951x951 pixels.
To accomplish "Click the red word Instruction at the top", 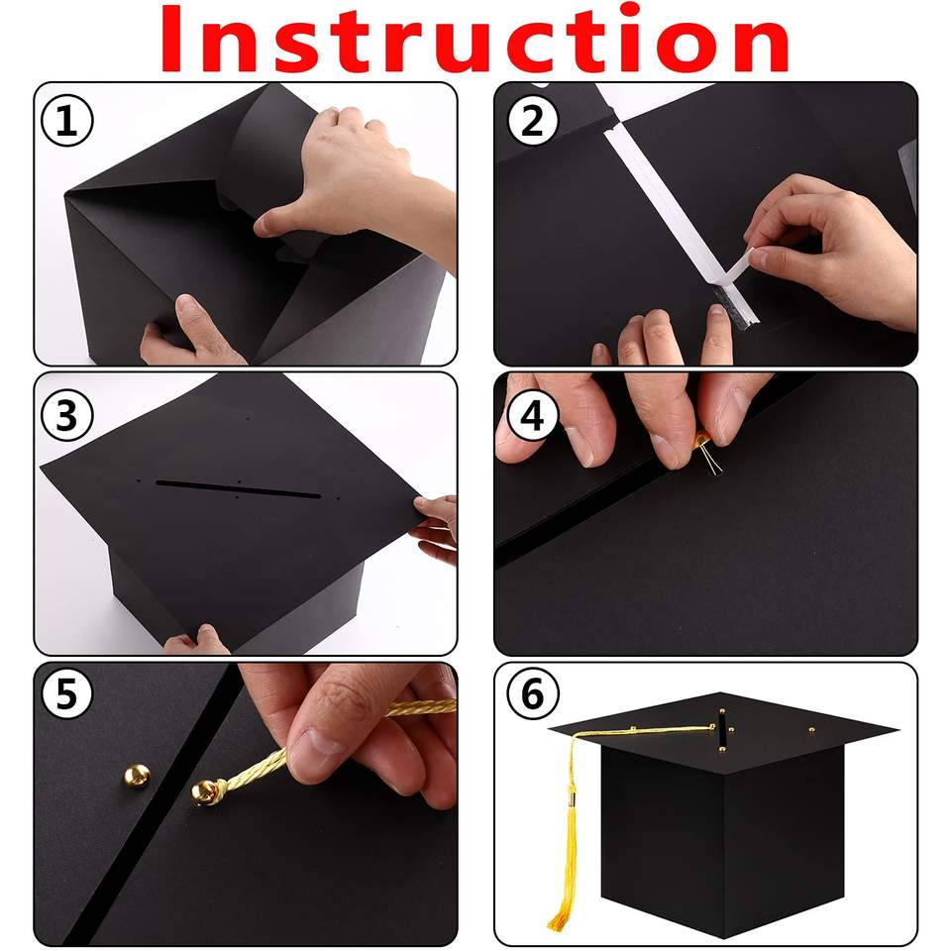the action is [475, 41].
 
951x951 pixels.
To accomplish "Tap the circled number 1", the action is [66, 121].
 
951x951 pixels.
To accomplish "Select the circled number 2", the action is [532, 121].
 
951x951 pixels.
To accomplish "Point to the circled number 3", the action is [66, 416].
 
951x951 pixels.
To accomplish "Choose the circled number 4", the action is [532, 416].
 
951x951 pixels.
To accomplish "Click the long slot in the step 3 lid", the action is [239, 489].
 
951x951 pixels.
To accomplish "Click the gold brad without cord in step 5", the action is [137, 776].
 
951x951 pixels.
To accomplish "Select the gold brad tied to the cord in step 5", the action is [204, 792].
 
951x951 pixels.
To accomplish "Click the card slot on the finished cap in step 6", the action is [722, 730].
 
